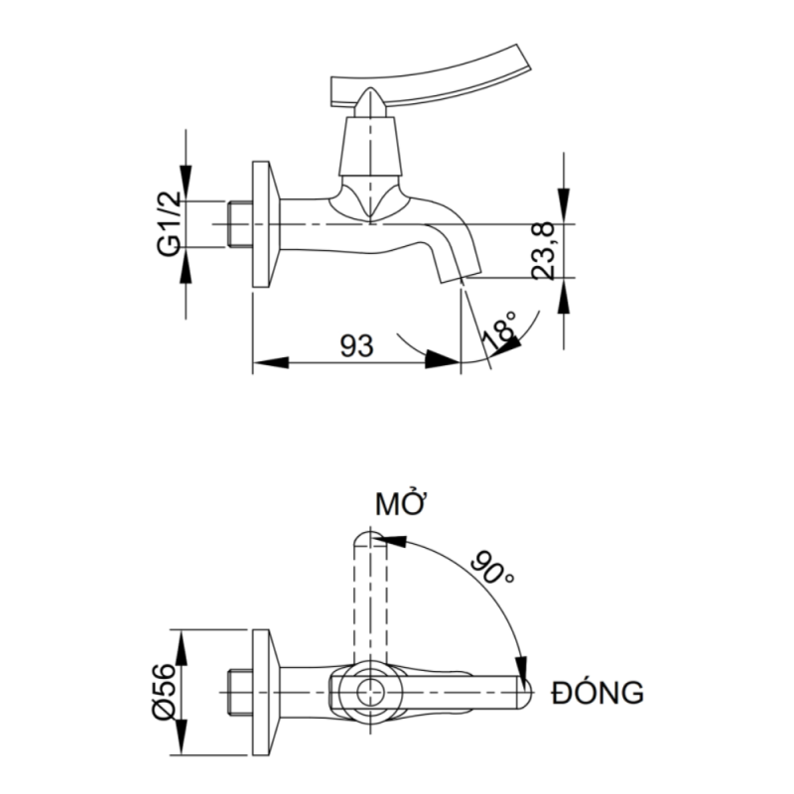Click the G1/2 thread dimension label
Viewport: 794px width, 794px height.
[170, 223]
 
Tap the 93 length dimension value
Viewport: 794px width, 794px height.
[357, 345]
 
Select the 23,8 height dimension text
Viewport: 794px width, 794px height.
[543, 251]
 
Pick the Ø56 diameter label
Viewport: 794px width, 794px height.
[164, 692]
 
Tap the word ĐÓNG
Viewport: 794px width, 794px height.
[597, 693]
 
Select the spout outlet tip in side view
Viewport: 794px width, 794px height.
[458, 275]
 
